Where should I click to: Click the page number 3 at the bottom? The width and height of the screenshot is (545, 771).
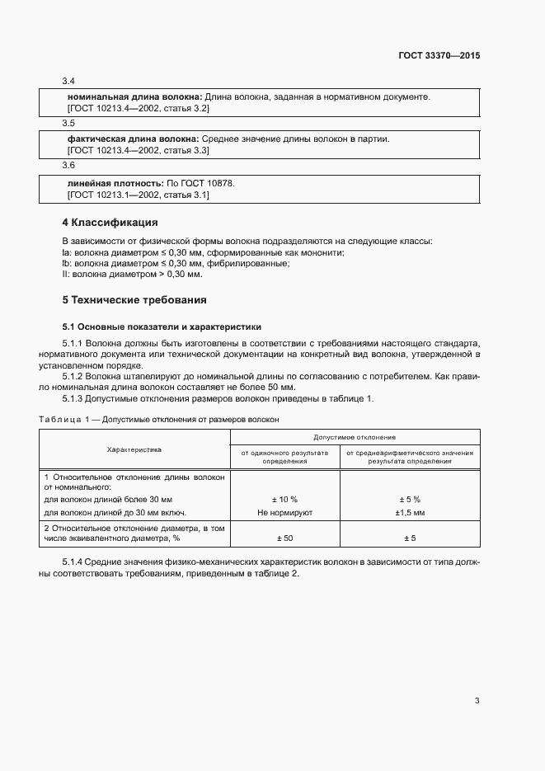(477, 701)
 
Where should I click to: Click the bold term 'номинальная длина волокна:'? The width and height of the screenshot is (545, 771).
(134, 96)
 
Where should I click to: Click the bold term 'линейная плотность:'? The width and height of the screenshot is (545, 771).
(115, 182)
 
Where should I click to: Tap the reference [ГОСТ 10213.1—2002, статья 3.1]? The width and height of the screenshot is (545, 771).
(138, 195)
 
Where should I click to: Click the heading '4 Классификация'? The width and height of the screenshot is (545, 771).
(110, 223)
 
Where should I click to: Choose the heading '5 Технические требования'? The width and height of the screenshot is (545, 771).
(134, 299)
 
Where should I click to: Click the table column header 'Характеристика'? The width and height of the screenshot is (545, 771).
(134, 449)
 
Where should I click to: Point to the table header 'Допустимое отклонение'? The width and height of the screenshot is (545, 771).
(355, 436)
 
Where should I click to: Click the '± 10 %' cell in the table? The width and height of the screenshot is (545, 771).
(284, 500)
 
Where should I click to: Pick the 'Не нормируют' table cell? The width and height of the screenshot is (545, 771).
(284, 512)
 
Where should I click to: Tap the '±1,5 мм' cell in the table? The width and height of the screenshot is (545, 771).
(410, 512)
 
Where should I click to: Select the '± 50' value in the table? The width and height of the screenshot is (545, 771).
(284, 538)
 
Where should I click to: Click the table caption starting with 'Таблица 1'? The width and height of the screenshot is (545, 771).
(159, 419)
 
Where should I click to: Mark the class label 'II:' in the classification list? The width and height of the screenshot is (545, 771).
(67, 274)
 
